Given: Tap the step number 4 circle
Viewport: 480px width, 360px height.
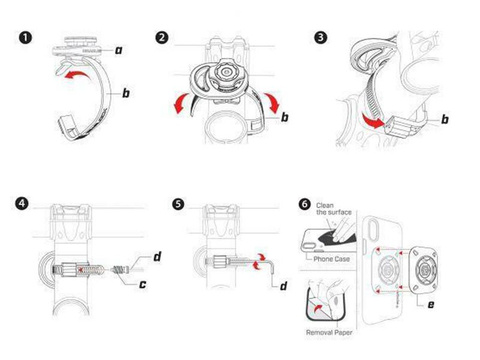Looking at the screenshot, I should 21,207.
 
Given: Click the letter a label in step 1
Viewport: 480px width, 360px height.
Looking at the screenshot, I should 118,48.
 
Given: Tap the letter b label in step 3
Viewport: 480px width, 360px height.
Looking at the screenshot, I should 444,119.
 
